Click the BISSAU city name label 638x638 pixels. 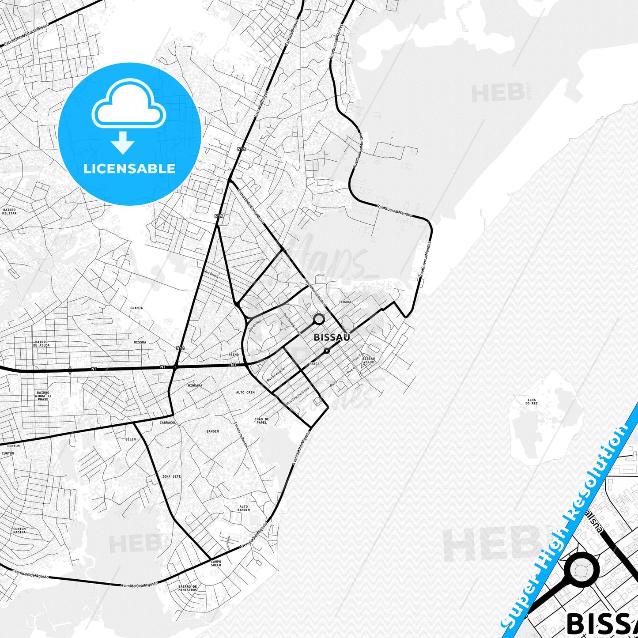(332, 337)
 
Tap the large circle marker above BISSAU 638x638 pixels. (318, 319)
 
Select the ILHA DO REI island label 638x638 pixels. (531, 401)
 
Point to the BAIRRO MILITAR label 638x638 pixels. (9, 211)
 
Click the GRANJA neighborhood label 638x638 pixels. (136, 308)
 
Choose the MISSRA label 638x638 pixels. (140, 342)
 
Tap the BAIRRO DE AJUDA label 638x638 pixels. (42, 344)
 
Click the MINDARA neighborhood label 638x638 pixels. (195, 385)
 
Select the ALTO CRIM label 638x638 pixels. (245, 392)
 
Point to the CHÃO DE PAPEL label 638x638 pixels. (261, 421)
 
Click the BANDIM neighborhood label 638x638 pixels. (212, 431)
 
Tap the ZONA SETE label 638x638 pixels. (171, 476)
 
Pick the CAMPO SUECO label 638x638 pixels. (216, 563)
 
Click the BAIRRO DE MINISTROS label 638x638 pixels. (188, 588)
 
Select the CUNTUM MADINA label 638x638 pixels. (19, 530)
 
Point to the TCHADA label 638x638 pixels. (345, 302)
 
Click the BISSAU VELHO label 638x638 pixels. (368, 360)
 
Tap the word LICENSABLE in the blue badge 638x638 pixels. (129, 168)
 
